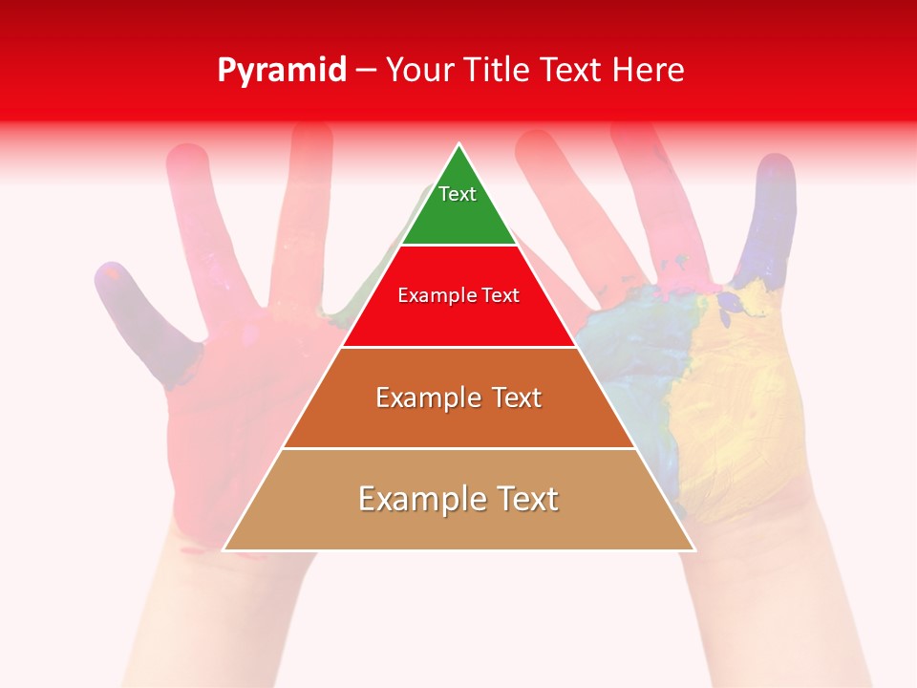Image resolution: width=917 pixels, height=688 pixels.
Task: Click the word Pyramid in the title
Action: click(x=281, y=71)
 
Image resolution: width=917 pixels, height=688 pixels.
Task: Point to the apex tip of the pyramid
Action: click(x=459, y=145)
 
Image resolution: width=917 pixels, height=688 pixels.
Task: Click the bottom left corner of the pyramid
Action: click(x=224, y=549)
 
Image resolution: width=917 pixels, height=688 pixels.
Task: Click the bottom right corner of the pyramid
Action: click(x=693, y=549)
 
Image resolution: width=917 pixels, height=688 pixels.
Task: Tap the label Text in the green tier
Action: click(x=458, y=194)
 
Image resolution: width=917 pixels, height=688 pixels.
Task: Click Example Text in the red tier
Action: click(x=458, y=295)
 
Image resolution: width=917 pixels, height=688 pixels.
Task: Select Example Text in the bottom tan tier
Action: click(x=458, y=499)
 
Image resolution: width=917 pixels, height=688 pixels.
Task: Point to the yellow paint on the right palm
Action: click(x=736, y=411)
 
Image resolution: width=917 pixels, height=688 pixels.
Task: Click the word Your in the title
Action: click(x=421, y=71)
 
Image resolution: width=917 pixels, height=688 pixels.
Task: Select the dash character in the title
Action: click(x=366, y=71)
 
